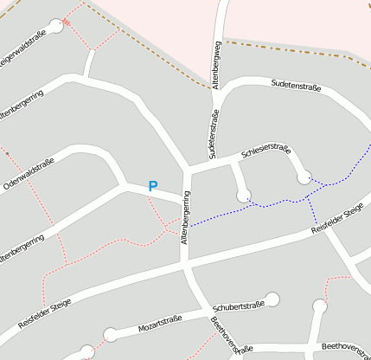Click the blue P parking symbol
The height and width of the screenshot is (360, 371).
[153, 186]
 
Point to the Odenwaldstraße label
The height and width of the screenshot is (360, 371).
[29, 174]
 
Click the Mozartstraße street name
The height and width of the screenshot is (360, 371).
[160, 326]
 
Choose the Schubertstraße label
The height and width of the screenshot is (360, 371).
[238, 306]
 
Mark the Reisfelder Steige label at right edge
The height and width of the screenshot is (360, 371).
[338, 218]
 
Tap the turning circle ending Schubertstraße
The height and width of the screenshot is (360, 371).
[273, 299]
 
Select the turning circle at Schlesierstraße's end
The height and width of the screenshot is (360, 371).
[304, 177]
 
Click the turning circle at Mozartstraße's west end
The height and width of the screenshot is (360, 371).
[110, 334]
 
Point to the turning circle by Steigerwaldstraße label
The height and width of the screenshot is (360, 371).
[56, 27]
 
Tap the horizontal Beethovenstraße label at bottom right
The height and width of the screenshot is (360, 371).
[345, 346]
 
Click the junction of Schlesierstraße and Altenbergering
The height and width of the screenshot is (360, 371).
[189, 168]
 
